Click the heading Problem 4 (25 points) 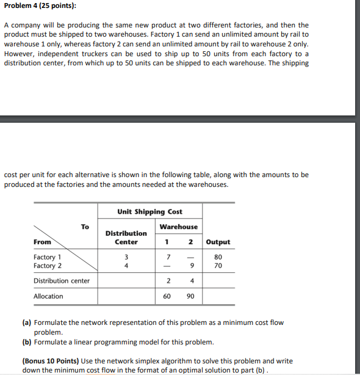(x=40, y=6)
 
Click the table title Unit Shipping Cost (x=149, y=211)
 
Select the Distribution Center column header (x=126, y=238)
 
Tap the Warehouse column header (x=178, y=227)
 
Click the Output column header (x=218, y=242)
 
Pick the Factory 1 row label (x=48, y=257)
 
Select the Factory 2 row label (x=48, y=266)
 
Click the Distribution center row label (x=62, y=281)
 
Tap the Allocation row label (x=48, y=296)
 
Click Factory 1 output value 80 (x=218, y=257)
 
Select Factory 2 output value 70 (x=218, y=266)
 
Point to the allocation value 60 (x=167, y=296)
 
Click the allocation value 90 (x=190, y=296)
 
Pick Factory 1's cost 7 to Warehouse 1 (x=167, y=257)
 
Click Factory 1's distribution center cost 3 (x=126, y=257)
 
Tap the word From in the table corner (x=43, y=242)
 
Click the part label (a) (x=27, y=322)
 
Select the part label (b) (x=27, y=341)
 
